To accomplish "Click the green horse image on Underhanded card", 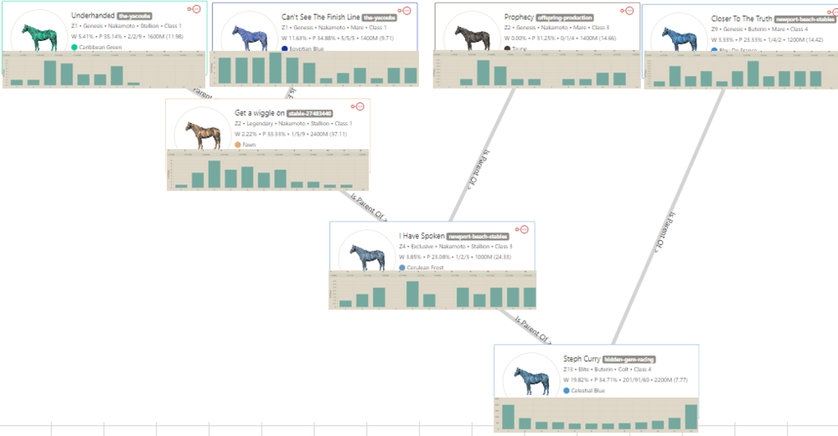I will [x=37, y=37].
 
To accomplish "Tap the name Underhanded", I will [x=92, y=16].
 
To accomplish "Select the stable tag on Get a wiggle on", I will [x=309, y=113].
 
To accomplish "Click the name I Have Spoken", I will [x=422, y=236].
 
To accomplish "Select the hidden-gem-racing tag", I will [x=630, y=359].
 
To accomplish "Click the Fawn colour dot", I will [x=238, y=145].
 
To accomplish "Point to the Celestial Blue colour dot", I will [x=566, y=391].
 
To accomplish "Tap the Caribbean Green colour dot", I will [x=75, y=48].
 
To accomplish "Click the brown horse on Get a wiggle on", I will [x=201, y=135].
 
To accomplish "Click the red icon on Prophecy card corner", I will [x=626, y=11].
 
